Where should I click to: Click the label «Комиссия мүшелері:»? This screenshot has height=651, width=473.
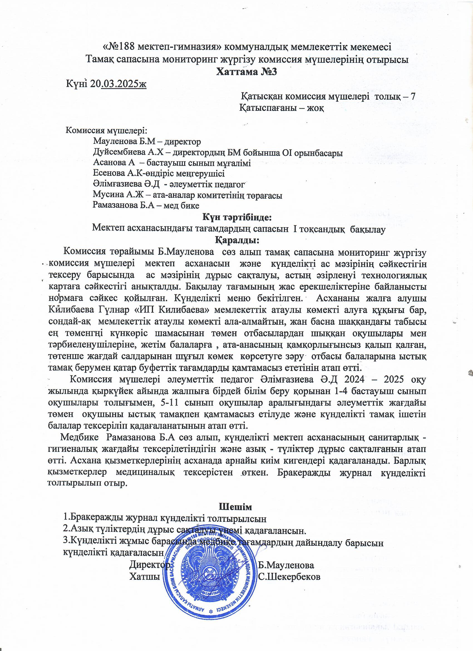pos(106,131)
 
